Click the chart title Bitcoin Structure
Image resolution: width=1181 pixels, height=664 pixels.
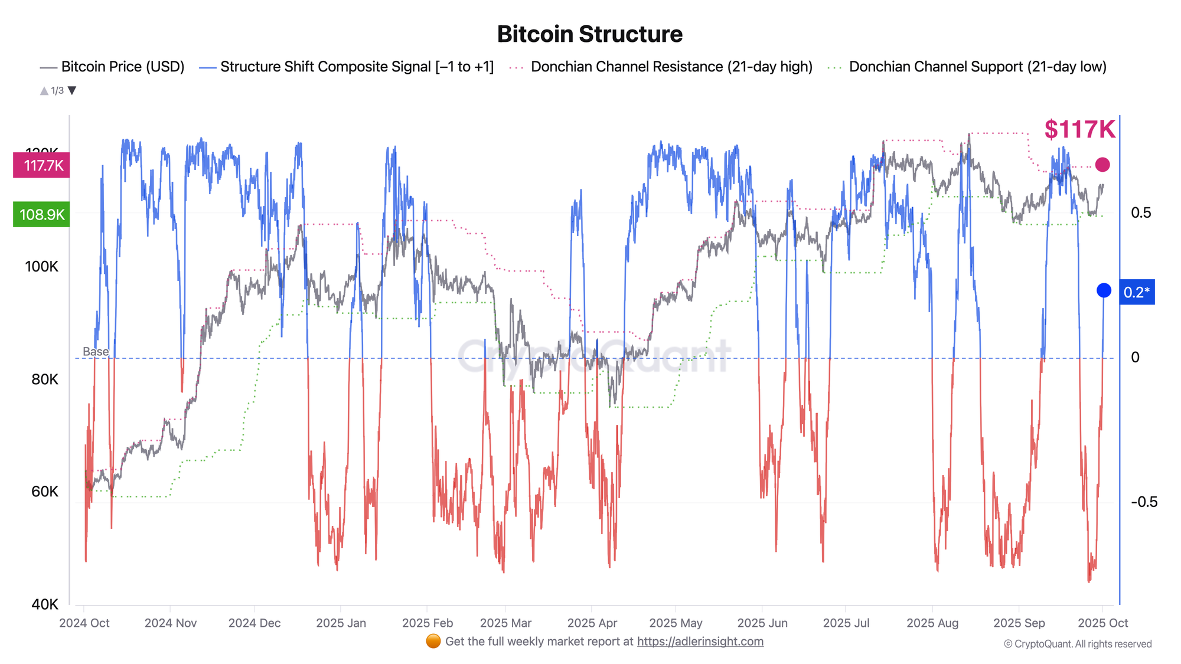click(x=589, y=34)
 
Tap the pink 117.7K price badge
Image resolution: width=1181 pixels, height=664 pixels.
click(x=41, y=165)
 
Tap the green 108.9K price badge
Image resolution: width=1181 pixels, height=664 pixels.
click(x=41, y=214)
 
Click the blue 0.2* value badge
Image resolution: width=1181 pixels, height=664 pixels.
click(x=1137, y=292)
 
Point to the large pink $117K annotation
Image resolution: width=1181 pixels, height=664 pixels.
click(x=1079, y=129)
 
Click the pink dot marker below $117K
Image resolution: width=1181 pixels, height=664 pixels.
click(x=1102, y=165)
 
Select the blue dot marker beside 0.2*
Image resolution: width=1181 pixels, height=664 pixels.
click(x=1104, y=290)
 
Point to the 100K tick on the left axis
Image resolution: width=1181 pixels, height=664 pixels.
click(x=41, y=266)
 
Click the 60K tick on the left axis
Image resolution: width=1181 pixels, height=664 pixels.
click(x=44, y=492)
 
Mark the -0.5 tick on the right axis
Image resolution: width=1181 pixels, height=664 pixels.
click(x=1144, y=502)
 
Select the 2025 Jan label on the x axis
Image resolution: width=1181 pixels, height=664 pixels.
click(x=341, y=623)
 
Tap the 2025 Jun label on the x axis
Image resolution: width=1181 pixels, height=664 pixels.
click(x=762, y=623)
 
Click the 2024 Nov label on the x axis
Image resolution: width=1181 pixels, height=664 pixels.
click(x=170, y=623)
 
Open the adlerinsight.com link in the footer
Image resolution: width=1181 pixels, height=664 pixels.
click(x=700, y=642)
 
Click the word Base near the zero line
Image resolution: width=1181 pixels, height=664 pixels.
click(x=96, y=352)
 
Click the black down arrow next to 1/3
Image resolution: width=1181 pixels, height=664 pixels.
click(x=72, y=90)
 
